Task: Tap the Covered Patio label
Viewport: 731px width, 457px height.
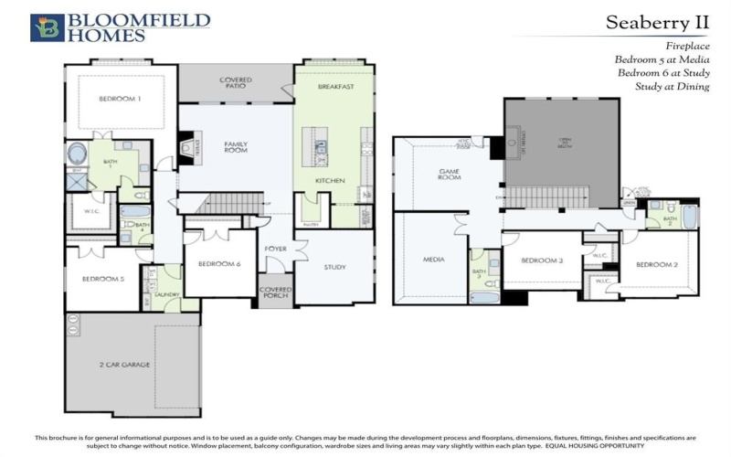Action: [x=235, y=83]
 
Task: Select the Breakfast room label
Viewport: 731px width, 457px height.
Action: [x=335, y=87]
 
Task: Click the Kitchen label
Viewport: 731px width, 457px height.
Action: [x=330, y=181]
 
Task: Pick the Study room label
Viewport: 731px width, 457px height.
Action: [x=335, y=267]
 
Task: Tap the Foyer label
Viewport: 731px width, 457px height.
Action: [x=277, y=249]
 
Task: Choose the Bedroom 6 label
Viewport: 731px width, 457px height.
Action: [x=219, y=265]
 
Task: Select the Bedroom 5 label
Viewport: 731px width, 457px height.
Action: [x=103, y=279]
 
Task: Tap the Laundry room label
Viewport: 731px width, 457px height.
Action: [x=166, y=294]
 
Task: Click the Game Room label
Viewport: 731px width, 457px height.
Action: [x=450, y=175]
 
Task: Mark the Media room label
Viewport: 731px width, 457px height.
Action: [x=433, y=260]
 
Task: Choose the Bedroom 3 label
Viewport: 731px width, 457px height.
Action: [x=541, y=260]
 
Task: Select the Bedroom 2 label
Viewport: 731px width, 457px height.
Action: [x=656, y=264]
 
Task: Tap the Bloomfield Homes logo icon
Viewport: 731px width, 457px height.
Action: [x=47, y=27]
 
